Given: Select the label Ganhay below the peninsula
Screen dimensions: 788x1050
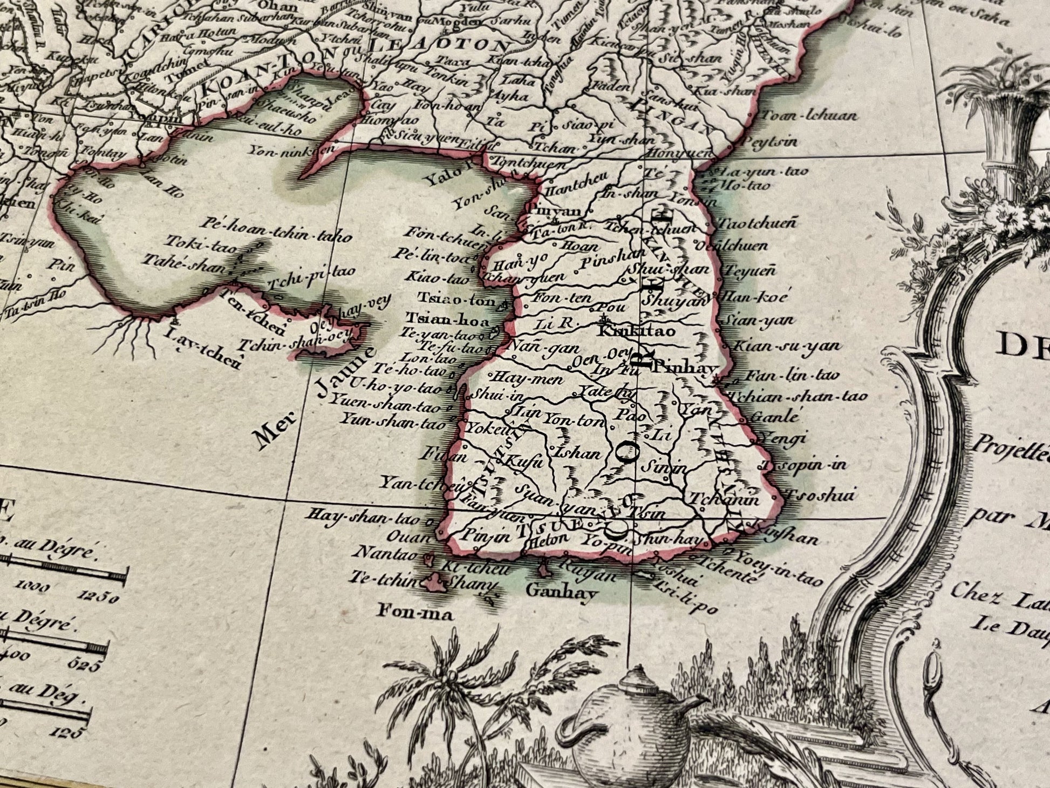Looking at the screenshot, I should (x=562, y=594).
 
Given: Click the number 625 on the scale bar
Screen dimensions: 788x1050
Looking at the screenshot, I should (x=83, y=666).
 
